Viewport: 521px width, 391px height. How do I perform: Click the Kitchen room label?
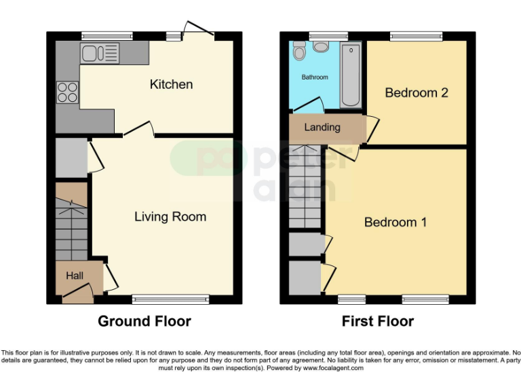point(171,84)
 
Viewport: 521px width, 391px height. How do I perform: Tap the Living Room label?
point(170,217)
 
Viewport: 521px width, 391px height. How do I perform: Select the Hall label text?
point(75,276)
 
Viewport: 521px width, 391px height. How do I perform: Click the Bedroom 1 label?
point(395,222)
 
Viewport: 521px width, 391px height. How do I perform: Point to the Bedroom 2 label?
point(417,92)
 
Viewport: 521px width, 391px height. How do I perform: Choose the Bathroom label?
point(315,77)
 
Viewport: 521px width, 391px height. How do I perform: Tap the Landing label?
point(322,127)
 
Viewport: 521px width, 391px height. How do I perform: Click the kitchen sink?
point(99,52)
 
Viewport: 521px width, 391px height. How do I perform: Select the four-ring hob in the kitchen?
point(67,92)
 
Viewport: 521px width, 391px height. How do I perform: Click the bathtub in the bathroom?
point(351,75)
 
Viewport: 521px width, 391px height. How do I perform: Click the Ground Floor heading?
point(144,321)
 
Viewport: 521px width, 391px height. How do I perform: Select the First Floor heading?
point(378,321)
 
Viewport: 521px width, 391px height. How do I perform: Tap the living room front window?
point(170,299)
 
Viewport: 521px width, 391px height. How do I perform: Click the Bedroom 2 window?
point(416,36)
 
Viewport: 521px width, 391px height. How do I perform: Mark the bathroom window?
point(320,36)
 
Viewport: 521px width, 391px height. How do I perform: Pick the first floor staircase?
point(306,187)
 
